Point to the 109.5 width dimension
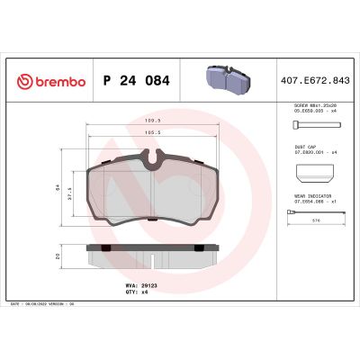(x=154, y=119)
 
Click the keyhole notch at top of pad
(x=155, y=162)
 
